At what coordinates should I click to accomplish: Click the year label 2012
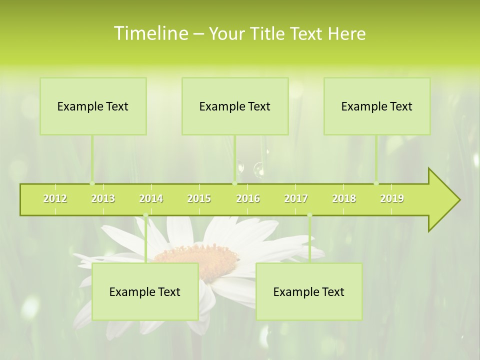click(55, 198)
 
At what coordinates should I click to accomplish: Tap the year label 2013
click(103, 198)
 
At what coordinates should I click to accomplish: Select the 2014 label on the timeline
click(151, 198)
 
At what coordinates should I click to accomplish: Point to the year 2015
click(199, 198)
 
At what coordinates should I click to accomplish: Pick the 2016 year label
click(248, 198)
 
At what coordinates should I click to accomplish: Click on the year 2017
click(296, 198)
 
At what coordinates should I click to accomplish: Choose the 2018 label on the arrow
click(344, 198)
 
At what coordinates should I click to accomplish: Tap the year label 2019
click(392, 198)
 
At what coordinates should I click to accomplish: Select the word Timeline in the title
click(150, 33)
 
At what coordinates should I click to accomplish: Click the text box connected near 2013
click(93, 106)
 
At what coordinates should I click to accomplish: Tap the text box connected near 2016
click(235, 106)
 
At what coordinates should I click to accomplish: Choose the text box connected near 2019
click(377, 106)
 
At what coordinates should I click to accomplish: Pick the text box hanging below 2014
click(145, 291)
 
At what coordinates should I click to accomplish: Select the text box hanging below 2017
click(309, 291)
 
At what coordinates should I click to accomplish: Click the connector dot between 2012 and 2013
click(92, 183)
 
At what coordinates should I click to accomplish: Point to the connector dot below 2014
click(145, 215)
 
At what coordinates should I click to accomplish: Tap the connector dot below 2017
click(309, 215)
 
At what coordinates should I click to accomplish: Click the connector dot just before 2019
click(376, 183)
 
